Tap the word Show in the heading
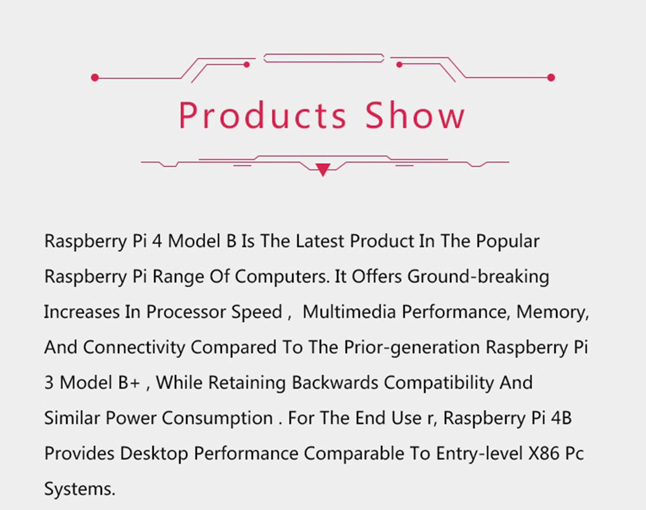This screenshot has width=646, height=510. coord(415,115)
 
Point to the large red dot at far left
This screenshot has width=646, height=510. coord(95,78)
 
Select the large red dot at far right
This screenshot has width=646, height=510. coord(551,78)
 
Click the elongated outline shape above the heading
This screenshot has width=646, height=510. coord(324,58)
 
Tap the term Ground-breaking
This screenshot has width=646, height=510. coord(478,276)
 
